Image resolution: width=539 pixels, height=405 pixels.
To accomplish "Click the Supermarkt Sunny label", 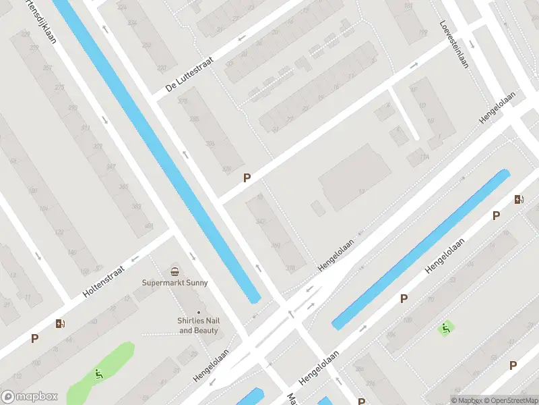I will [x=175, y=283].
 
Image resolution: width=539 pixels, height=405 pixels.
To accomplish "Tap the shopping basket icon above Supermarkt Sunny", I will [x=175, y=271].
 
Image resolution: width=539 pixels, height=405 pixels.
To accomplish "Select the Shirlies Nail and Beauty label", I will [x=198, y=325].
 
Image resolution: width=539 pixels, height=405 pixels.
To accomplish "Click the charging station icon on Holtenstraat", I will [x=61, y=323].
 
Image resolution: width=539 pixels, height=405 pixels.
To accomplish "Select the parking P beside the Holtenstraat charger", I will [x=34, y=339].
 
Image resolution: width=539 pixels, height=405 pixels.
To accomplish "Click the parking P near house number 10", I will [x=247, y=178].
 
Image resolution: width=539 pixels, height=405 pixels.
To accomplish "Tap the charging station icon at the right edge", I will [x=518, y=199].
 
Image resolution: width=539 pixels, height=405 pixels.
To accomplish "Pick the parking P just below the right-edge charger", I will [x=496, y=216].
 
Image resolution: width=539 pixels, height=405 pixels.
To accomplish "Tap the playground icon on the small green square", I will [x=445, y=329].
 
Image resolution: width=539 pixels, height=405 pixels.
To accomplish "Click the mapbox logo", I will [x=30, y=397].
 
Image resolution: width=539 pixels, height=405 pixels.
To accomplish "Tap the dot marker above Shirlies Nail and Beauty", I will [x=198, y=312].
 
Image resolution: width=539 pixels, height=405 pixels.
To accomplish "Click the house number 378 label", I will [x=290, y=268].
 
